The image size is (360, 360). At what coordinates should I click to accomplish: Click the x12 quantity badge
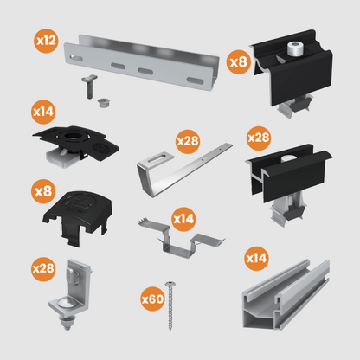pos(45,41)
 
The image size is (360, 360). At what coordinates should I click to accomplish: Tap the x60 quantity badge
pos(151,299)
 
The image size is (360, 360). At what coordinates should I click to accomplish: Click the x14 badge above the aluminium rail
pos(256,257)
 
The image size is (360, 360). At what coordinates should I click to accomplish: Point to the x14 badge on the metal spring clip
pos(183,218)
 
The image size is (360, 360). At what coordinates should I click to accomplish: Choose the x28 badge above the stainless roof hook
pos(188,139)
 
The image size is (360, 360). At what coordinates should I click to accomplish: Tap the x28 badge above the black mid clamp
pos(258,137)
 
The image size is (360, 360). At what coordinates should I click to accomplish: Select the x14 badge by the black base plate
pos(42,112)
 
